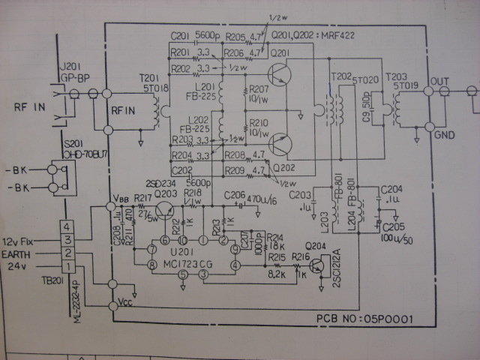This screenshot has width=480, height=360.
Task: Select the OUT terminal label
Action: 439,79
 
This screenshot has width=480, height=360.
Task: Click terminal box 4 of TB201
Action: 67,226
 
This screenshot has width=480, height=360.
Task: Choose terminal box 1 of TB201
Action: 67,267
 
